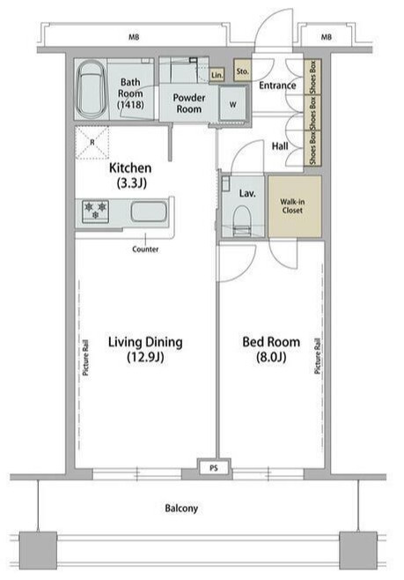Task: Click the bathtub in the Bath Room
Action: tap(91, 89)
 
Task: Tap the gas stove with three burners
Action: tap(95, 212)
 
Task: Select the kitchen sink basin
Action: tap(149, 212)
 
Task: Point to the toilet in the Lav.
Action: tap(242, 220)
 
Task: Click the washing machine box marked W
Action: tap(233, 104)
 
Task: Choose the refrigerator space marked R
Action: tap(92, 143)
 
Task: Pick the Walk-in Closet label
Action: tap(292, 206)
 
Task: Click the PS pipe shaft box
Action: tap(214, 468)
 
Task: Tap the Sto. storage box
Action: tap(242, 71)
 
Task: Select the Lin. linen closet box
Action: tap(217, 75)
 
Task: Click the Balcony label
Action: tap(181, 509)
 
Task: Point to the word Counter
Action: tap(145, 249)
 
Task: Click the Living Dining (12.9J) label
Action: tap(145, 349)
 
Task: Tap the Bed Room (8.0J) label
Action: tap(271, 349)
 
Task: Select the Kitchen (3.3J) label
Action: tap(130, 175)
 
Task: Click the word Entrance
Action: tap(277, 86)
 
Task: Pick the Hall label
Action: tap(280, 146)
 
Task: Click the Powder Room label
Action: tap(189, 103)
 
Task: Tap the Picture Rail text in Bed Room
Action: tap(318, 356)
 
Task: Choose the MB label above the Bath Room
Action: tap(134, 37)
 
